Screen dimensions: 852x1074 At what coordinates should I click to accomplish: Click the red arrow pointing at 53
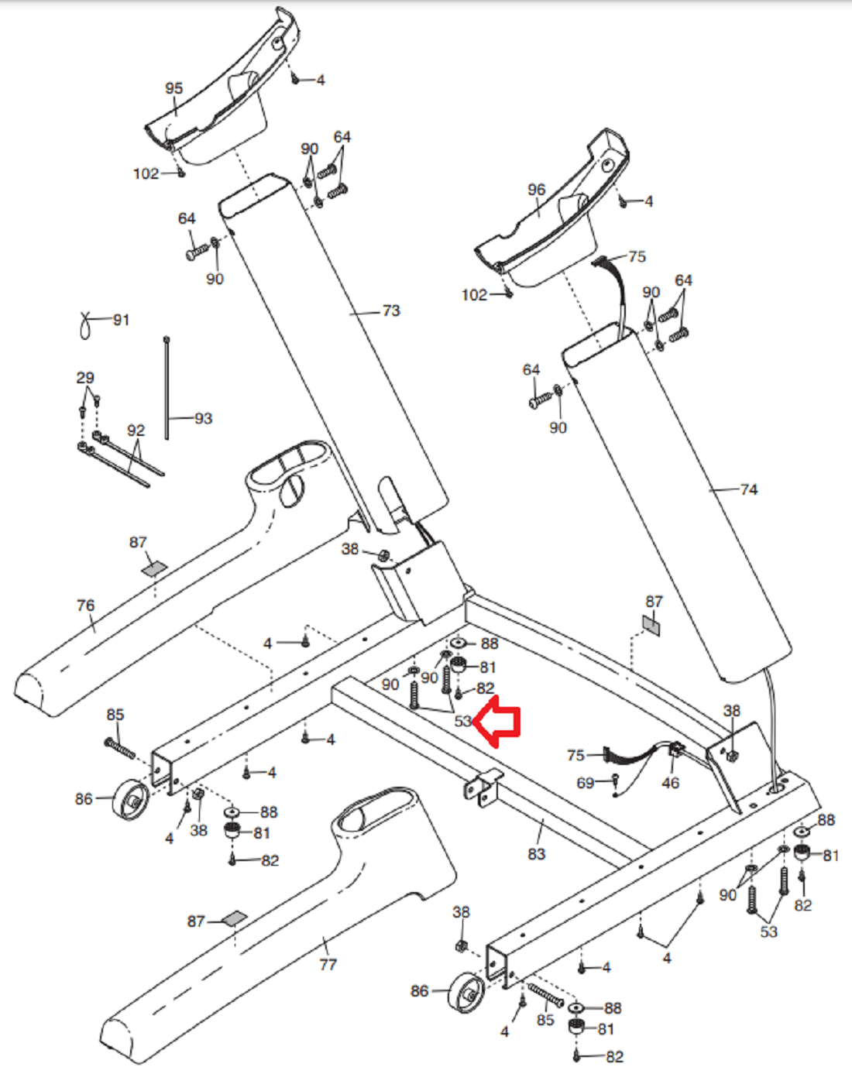pos(497,722)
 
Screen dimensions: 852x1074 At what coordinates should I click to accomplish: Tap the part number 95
pos(173,88)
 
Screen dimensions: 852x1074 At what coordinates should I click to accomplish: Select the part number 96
pos(536,190)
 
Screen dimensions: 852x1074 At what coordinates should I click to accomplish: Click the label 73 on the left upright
pos(392,311)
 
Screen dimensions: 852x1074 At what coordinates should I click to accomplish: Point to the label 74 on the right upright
pos(749,489)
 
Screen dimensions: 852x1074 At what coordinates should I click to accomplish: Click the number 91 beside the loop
pos(121,319)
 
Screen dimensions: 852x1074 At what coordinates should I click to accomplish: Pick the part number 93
pos(203,418)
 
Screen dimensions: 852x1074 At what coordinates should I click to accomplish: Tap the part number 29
pos(85,378)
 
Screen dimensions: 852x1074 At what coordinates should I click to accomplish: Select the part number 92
pos(136,431)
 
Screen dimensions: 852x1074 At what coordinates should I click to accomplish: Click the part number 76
pos(85,606)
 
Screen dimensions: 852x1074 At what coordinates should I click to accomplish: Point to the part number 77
pos(328,964)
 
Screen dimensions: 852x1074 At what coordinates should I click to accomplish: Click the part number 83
pos(536,854)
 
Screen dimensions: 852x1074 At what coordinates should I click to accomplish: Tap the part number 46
pos(670,783)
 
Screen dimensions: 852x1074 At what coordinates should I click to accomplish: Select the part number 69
pos(586,783)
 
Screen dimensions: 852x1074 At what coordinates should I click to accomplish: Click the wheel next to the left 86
pos(131,800)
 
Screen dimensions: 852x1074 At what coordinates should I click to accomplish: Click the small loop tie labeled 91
pos(85,325)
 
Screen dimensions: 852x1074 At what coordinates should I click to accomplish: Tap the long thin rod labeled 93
pos(167,388)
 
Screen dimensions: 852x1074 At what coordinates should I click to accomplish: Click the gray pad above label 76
pos(154,568)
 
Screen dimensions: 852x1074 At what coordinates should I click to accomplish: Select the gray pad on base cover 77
pos(234,918)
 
